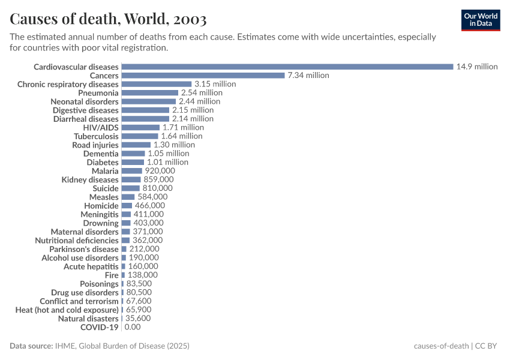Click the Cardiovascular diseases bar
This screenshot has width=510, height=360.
[287, 67]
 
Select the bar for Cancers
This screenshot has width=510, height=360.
[203, 76]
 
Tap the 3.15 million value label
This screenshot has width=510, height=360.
[215, 84]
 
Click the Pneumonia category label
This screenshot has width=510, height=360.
[98, 93]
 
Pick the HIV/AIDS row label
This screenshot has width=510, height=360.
[101, 128]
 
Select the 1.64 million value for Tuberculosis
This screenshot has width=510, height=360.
[182, 136]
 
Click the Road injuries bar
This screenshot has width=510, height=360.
[136, 145]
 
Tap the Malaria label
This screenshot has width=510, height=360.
[105, 171]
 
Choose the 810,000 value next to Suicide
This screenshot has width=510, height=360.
[157, 188]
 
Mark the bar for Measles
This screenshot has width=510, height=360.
[128, 197]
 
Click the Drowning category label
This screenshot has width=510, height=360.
[101, 223]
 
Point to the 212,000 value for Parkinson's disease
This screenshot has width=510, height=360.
[144, 249]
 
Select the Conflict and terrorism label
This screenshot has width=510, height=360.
[79, 301]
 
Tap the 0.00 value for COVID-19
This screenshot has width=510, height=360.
[133, 327]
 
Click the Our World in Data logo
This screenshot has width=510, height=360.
[481, 20]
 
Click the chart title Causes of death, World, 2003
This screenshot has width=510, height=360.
[109, 19]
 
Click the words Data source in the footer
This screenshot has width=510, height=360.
[31, 346]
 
